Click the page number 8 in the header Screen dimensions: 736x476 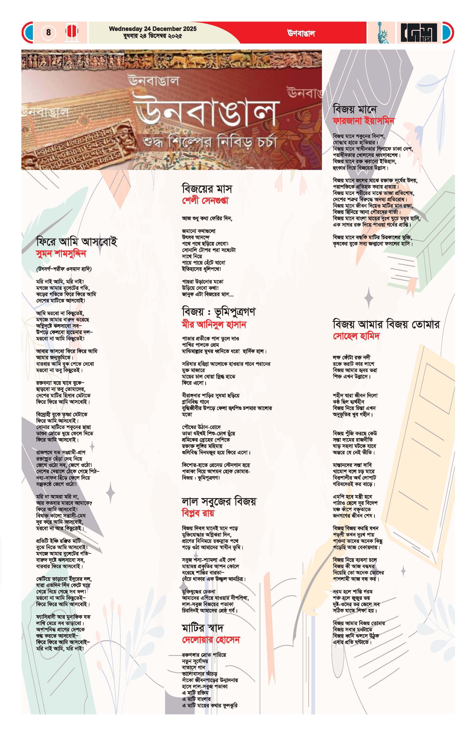(48, 32)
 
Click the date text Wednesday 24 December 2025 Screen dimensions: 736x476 (153, 29)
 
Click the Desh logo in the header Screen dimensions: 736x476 (419, 33)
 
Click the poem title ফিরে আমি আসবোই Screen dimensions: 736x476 (77, 242)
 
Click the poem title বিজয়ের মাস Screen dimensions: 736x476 (207, 188)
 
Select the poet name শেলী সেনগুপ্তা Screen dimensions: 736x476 (205, 201)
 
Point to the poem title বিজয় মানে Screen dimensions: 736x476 (355, 109)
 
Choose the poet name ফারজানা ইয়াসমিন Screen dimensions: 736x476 (363, 121)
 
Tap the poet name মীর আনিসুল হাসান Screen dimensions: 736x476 (214, 324)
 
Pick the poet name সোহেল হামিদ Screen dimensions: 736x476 (356, 336)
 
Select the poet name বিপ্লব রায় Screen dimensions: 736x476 (198, 513)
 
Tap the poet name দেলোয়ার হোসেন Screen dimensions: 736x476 (211, 640)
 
